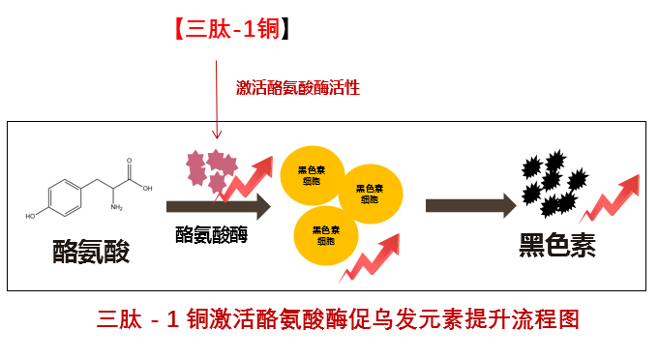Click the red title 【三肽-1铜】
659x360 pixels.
232,29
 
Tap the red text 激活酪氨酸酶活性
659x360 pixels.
297,87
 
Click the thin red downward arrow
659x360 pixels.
217,100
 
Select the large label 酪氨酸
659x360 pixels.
91,252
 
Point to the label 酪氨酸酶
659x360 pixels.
211,234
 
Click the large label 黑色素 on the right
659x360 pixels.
557,245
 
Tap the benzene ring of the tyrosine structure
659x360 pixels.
65,197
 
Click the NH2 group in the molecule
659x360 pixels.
116,207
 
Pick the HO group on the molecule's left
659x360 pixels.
30,216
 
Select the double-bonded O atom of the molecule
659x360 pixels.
129,161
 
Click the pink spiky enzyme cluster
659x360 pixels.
211,170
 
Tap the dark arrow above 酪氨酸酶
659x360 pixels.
219,206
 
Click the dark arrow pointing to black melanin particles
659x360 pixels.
470,206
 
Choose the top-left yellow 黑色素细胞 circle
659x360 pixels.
313,175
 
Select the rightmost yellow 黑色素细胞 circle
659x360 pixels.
371,194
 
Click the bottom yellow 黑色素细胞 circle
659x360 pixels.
326,235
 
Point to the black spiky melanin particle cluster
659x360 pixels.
554,184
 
